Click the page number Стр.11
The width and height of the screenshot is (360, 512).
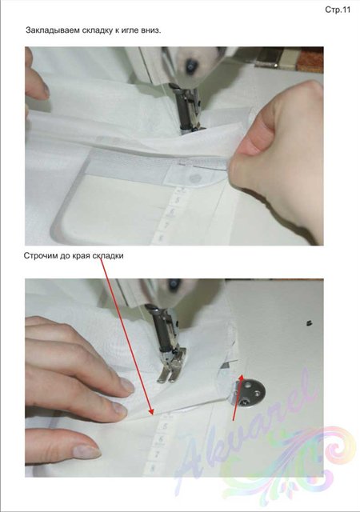click(338, 10)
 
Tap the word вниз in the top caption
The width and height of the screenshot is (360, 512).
click(150, 30)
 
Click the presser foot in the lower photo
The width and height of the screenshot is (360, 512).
click(170, 365)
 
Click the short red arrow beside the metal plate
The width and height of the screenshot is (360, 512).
click(237, 398)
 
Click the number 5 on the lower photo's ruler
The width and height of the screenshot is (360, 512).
click(164, 426)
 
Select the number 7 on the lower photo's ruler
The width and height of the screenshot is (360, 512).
click(156, 454)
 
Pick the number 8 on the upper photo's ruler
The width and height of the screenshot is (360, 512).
click(161, 238)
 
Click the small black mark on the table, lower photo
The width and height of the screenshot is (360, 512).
click(308, 323)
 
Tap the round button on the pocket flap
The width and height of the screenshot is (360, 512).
click(196, 178)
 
